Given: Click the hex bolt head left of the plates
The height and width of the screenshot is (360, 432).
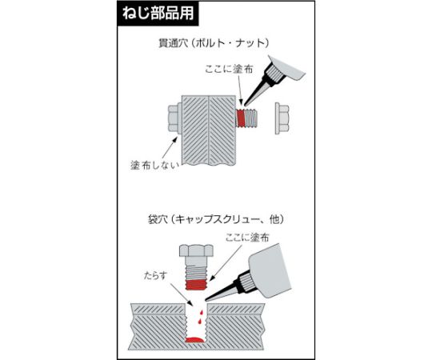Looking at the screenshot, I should (x=175, y=118).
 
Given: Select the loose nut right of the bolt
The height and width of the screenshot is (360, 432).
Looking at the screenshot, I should (x=282, y=117).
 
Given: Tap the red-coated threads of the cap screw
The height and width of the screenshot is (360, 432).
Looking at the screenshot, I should (x=196, y=281).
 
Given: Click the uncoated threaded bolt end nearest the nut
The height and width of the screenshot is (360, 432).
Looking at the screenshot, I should (x=256, y=117).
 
